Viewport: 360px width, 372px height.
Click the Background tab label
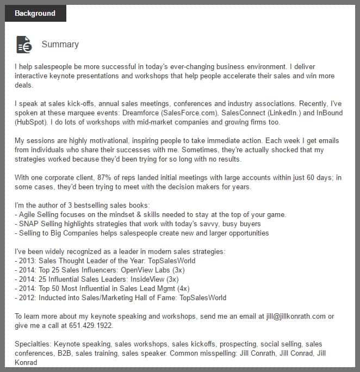click(35, 13)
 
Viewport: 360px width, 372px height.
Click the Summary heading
click(60, 45)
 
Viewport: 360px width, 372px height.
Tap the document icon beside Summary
click(24, 45)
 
